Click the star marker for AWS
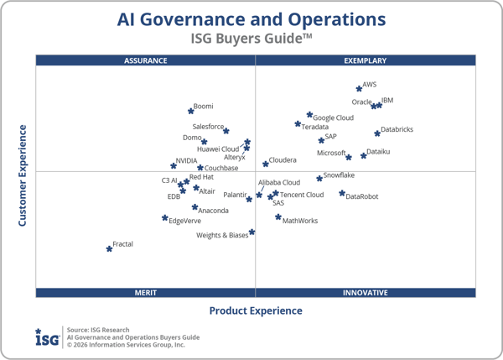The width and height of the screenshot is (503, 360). [359, 88]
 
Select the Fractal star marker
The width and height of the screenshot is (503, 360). [109, 248]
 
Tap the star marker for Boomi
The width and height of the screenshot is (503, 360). [190, 110]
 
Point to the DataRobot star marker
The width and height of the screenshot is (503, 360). [342, 194]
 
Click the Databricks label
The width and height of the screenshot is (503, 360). [397, 130]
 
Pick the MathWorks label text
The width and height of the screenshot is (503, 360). [300, 221]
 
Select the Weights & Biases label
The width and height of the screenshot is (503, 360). [222, 236]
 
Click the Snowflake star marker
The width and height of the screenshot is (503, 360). [319, 178]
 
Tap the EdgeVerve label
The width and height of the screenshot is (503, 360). [184, 221]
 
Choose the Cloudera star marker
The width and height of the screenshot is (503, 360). [265, 164]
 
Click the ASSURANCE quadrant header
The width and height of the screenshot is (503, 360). [146, 60]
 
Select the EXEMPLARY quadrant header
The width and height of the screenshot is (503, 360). [366, 60]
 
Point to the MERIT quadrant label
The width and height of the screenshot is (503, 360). [146, 293]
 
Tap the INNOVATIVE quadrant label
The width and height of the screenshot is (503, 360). [366, 293]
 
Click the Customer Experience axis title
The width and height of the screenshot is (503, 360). [23, 175]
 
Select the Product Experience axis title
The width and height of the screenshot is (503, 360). [256, 310]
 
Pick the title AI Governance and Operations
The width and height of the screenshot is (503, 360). [251, 19]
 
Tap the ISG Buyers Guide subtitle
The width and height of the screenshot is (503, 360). [251, 38]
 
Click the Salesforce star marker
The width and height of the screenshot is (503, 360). [226, 131]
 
